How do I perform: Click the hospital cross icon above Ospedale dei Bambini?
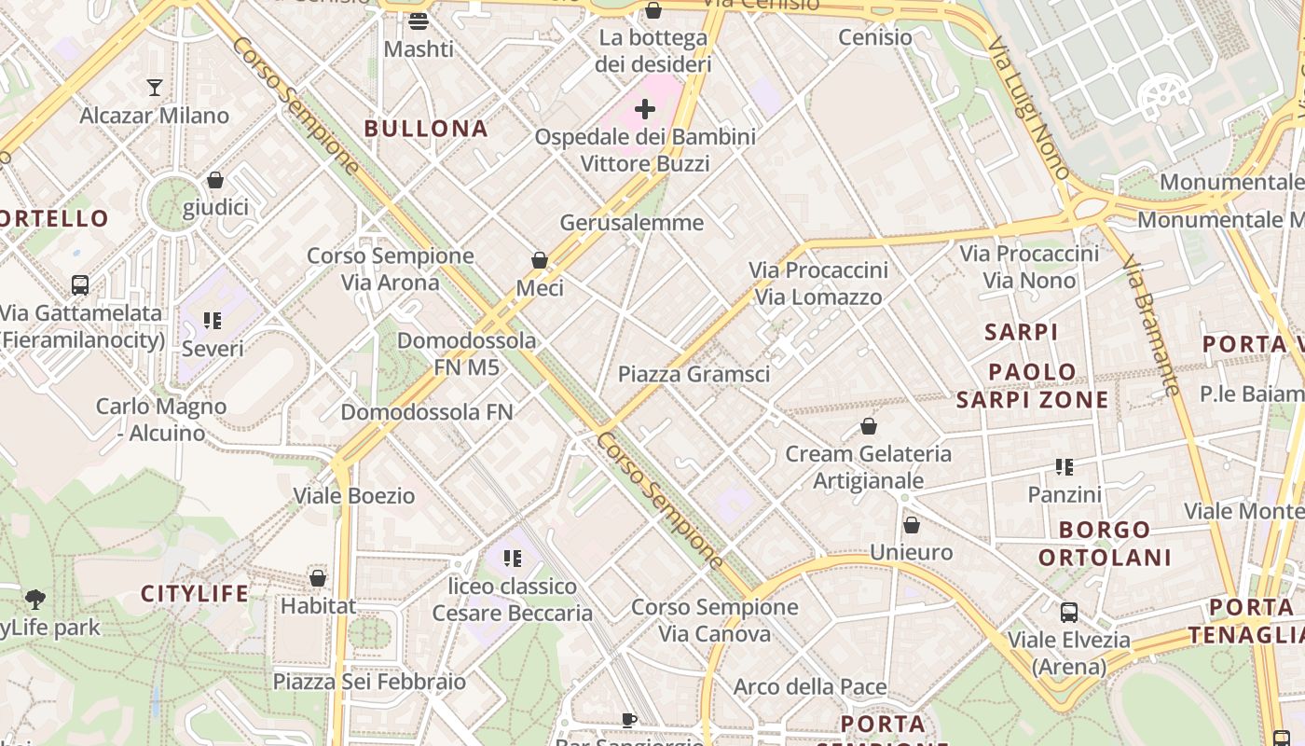click(x=644, y=110)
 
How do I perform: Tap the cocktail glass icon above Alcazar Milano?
click(x=155, y=88)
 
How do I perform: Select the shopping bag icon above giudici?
click(x=215, y=180)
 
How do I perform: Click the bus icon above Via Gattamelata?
click(x=80, y=285)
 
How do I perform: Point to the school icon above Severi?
click(x=213, y=321)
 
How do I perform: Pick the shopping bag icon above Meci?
click(x=540, y=260)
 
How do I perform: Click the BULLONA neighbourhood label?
click(x=426, y=129)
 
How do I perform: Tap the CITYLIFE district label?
click(x=195, y=593)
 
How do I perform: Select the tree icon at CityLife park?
click(x=35, y=599)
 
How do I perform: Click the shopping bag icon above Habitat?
click(x=318, y=578)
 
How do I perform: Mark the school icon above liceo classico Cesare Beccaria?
click(x=512, y=559)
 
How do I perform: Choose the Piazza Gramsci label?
click(x=694, y=374)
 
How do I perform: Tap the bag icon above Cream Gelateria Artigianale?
click(x=869, y=426)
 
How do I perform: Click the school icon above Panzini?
click(x=1065, y=466)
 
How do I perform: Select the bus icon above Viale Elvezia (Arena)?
click(x=1069, y=613)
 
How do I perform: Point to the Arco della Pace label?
click(x=810, y=687)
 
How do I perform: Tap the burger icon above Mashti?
click(x=419, y=21)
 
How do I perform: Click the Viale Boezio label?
click(x=354, y=495)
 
